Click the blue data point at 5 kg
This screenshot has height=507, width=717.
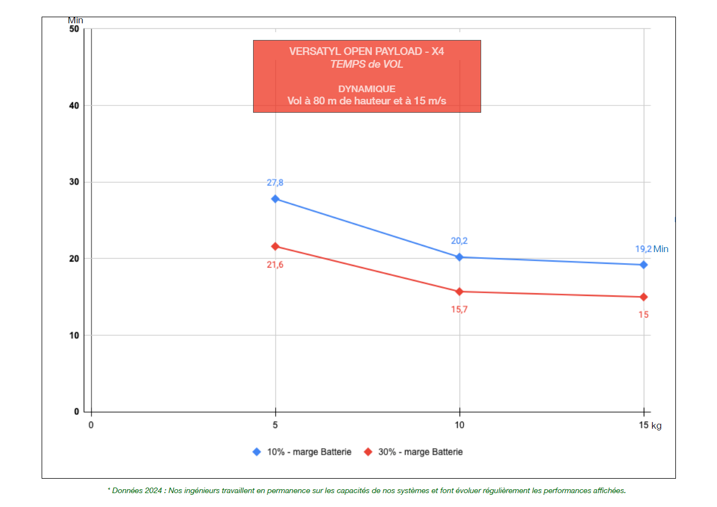click(x=275, y=199)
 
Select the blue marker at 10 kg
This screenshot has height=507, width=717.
click(x=460, y=257)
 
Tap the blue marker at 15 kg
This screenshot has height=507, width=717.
click(x=644, y=265)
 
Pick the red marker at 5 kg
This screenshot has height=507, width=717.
click(x=275, y=247)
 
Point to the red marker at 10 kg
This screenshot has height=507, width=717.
click(x=460, y=292)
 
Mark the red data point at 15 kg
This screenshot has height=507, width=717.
click(x=644, y=297)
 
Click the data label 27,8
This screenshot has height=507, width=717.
click(x=275, y=183)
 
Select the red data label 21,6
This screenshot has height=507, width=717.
click(x=275, y=265)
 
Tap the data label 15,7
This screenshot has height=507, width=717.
click(x=459, y=309)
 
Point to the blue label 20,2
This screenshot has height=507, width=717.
click(x=459, y=241)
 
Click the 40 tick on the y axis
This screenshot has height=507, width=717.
click(x=74, y=106)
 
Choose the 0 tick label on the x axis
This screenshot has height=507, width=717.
click(x=91, y=425)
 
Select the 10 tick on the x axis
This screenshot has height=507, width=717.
click(x=460, y=425)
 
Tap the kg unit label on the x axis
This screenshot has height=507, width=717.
click(x=657, y=426)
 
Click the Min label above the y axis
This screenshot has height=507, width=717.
click(x=75, y=21)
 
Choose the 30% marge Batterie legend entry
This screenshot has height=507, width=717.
click(x=420, y=452)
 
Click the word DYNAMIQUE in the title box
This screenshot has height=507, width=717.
click(x=367, y=89)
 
